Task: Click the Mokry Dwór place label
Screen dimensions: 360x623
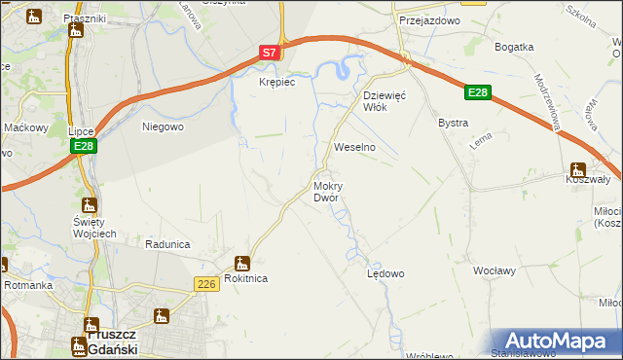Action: [x=326, y=191]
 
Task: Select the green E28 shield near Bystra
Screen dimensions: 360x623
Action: [x=476, y=92]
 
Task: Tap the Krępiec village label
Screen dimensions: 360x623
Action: [x=275, y=83]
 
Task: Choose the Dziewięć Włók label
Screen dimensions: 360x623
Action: [x=389, y=101]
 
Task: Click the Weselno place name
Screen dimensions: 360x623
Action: [x=354, y=147]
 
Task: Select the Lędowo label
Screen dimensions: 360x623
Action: [x=385, y=273]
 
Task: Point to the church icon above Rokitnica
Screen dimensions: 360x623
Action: [x=241, y=262]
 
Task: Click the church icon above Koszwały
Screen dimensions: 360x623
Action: [x=578, y=170]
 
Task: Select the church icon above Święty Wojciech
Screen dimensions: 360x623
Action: [x=90, y=205]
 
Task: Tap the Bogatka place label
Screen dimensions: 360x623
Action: [x=514, y=47]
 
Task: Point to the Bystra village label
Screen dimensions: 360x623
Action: [x=454, y=124]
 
